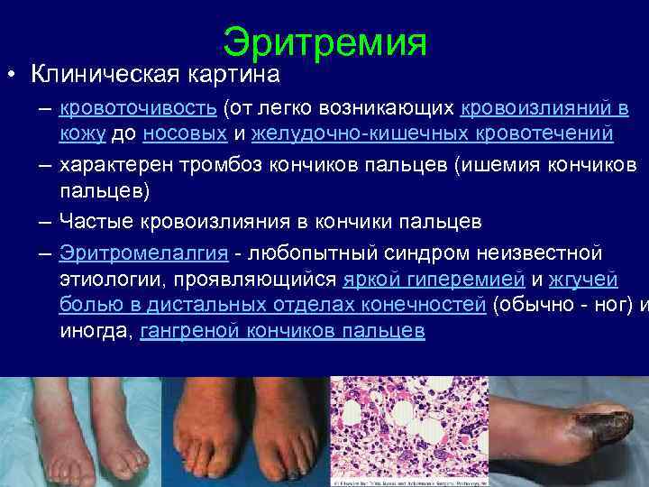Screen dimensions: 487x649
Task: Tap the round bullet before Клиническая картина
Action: pyautogui.click(x=7, y=72)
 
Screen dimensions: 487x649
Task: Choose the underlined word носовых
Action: pyautogui.click(x=185, y=134)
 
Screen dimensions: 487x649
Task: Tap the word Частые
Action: pyautogui.click(x=96, y=222)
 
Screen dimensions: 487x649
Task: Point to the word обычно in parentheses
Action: pyautogui.click(x=537, y=305)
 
